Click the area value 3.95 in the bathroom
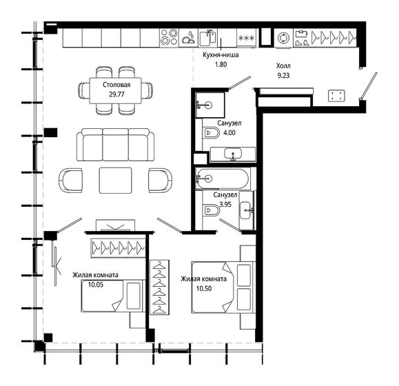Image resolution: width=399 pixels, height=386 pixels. tap(225, 205)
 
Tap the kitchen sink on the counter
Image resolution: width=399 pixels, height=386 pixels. tap(207, 38)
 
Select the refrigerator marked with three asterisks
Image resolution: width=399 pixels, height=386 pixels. tap(247, 38)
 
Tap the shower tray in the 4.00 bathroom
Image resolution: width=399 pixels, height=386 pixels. tap(209, 105)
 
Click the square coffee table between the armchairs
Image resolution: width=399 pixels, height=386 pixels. tap(114, 180)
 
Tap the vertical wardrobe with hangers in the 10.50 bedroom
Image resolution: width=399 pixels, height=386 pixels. tap(159, 288)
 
